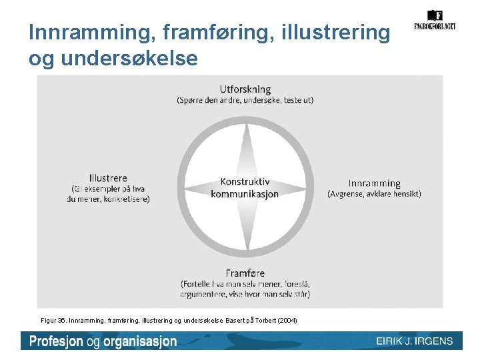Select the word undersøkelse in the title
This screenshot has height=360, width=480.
pyautogui.click(x=129, y=59)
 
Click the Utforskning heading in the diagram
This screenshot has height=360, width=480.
pyautogui.click(x=245, y=89)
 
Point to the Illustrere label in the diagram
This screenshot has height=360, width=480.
pyautogui.click(x=107, y=178)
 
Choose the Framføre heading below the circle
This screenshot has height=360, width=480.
pyautogui.click(x=245, y=273)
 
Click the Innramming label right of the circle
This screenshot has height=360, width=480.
pyautogui.click(x=375, y=183)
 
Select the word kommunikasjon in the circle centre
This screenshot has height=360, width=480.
pyautogui.click(x=245, y=194)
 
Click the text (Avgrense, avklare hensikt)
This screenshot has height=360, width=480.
pyautogui.click(x=375, y=194)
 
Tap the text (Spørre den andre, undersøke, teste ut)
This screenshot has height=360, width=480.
pyautogui.click(x=245, y=101)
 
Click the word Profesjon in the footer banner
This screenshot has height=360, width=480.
pyautogui.click(x=56, y=341)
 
